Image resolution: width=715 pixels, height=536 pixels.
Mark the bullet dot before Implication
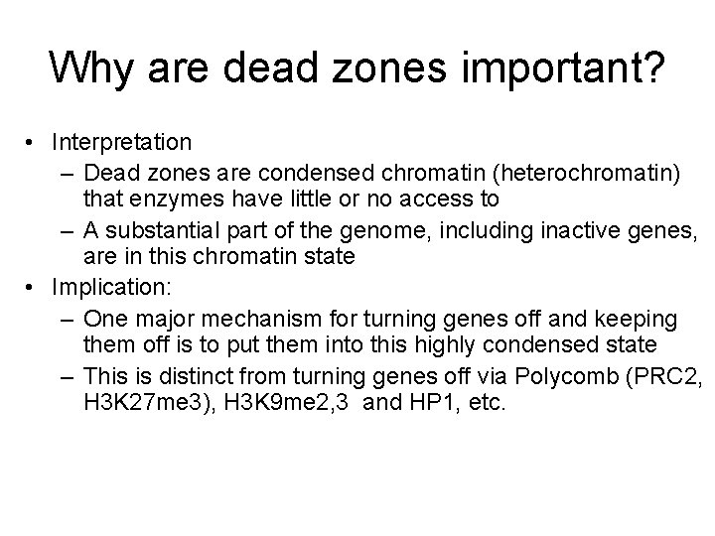tap(34, 289)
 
